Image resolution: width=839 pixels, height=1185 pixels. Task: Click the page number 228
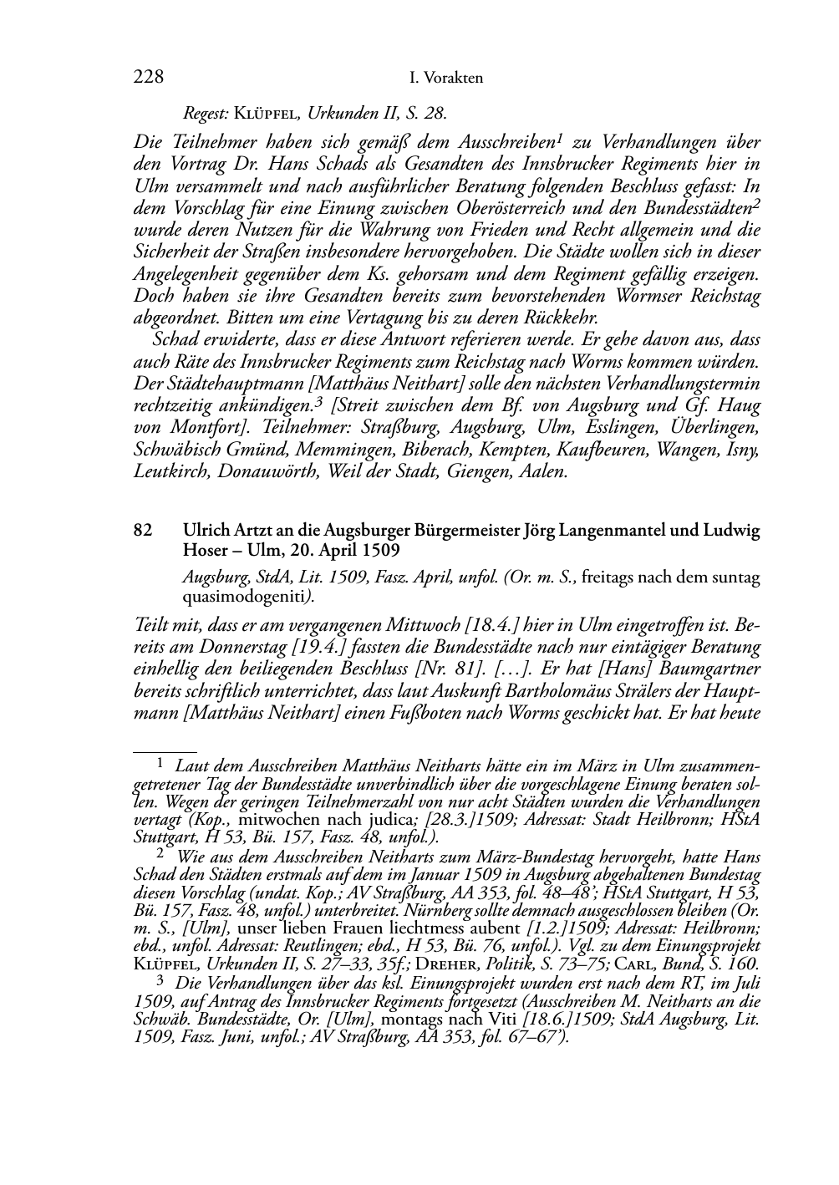(x=148, y=78)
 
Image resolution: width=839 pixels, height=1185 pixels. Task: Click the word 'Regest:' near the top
(x=206, y=113)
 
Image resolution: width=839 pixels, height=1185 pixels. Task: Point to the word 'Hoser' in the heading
(x=205, y=551)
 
